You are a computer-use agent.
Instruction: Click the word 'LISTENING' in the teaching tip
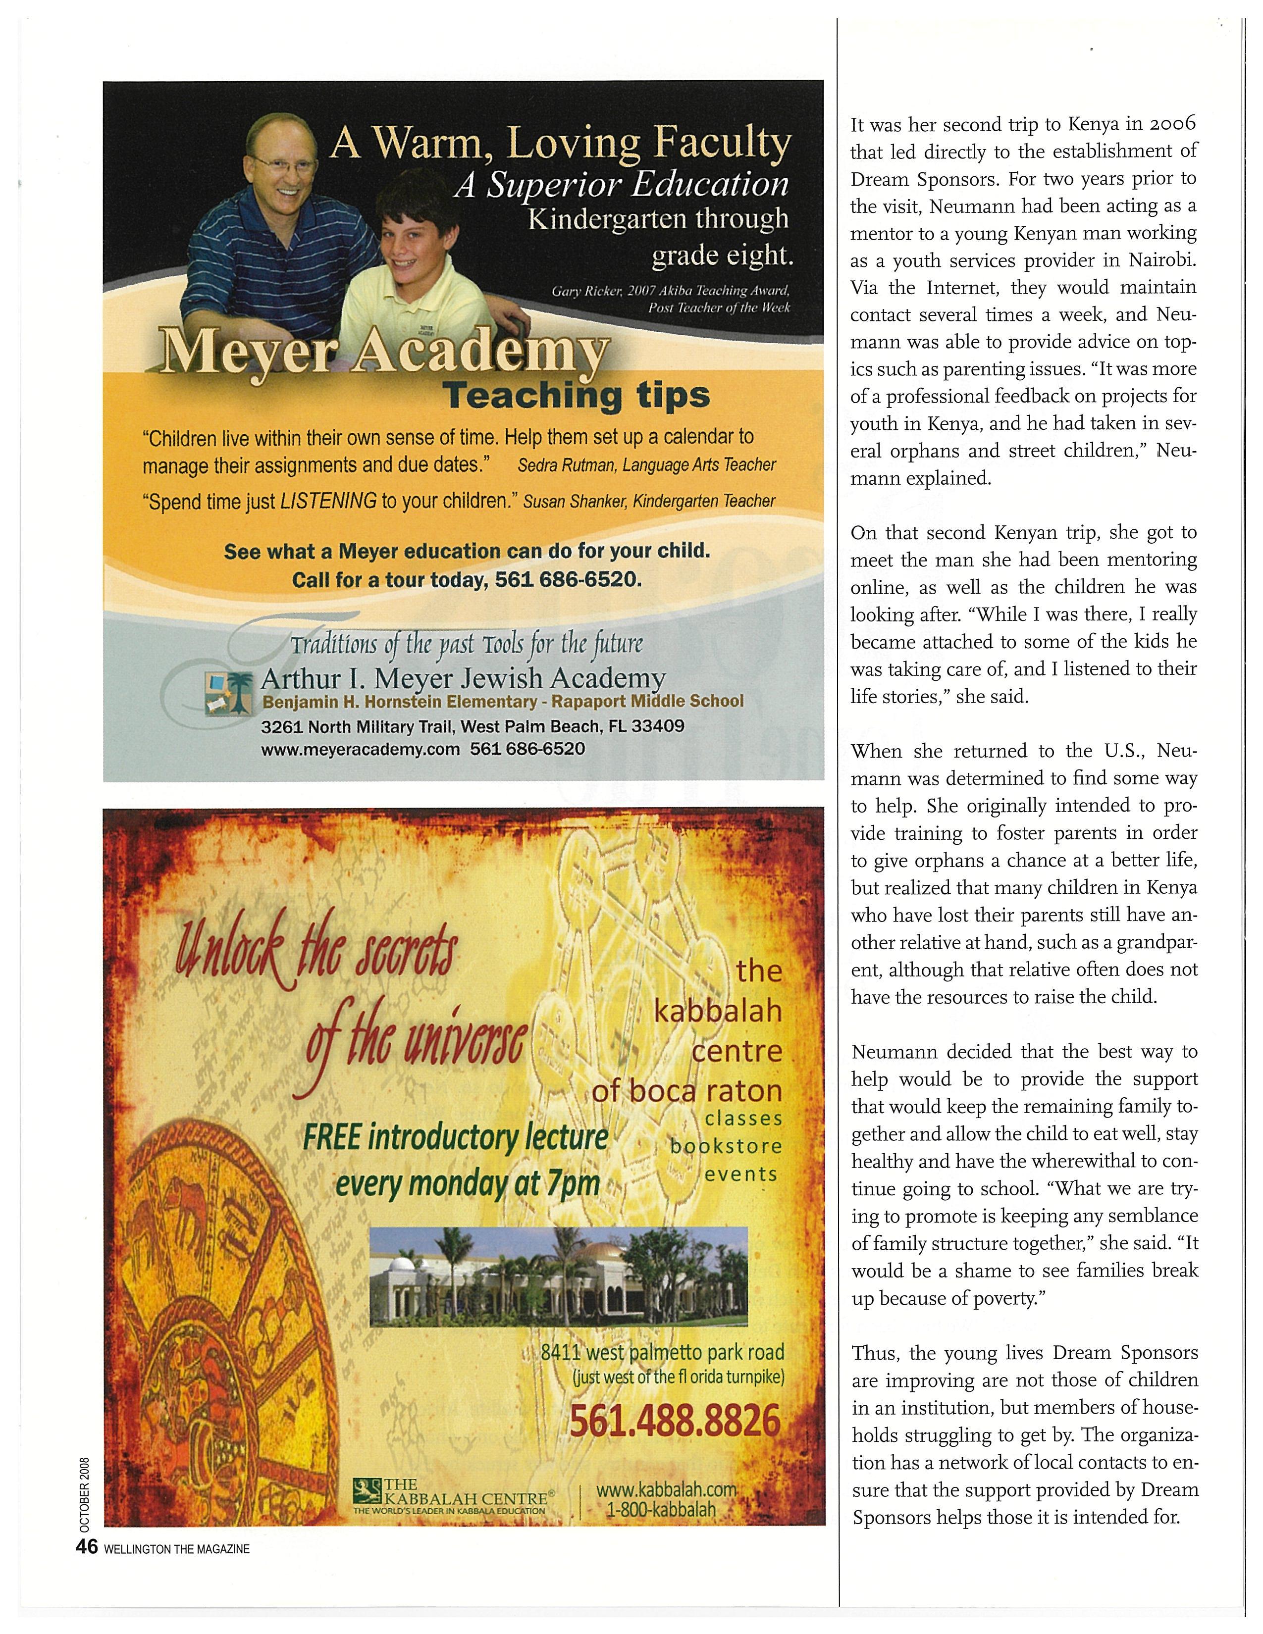pos(328,501)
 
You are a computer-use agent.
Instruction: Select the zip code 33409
pos(658,726)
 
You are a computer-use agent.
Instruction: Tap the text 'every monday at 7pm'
pos(468,1183)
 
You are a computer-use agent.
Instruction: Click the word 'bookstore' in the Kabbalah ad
pos(726,1146)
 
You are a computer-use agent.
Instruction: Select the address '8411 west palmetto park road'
pos(663,1352)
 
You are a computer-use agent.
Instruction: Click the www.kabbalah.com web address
pos(666,1489)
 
